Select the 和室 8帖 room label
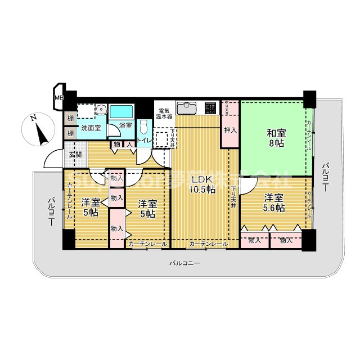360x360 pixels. pos(276,138)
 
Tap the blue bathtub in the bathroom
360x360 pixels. pos(121,110)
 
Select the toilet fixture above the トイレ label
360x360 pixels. pos(145,125)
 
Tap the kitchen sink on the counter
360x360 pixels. pos(186,107)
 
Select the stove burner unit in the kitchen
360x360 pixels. pos(211,107)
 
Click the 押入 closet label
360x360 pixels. pos(230,130)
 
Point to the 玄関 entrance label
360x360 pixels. pos(75,154)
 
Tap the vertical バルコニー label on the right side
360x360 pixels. pos(325,177)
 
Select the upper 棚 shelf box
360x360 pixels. pos(70,118)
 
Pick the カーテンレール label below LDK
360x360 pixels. pos(208,244)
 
